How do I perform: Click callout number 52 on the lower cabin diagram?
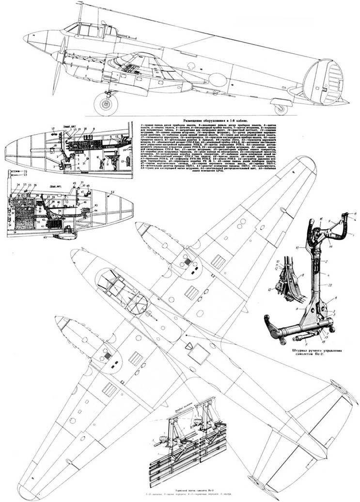pyautogui.click(x=112, y=193)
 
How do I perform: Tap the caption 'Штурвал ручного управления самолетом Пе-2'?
pyautogui.click(x=314, y=351)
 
